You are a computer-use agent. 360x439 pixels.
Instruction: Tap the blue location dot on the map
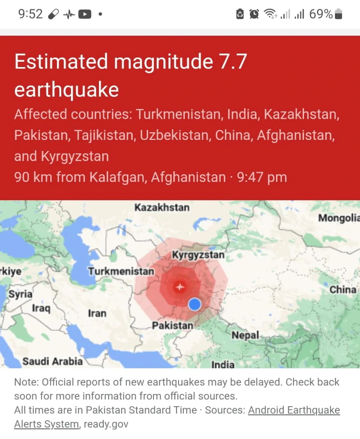coord(194,304)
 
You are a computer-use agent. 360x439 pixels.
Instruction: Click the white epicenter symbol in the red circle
coord(180,287)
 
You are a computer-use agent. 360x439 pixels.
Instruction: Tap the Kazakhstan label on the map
coord(162,207)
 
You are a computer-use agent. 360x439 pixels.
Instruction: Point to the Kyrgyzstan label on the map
coord(198,255)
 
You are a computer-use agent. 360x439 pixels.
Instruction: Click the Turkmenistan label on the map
coord(121,271)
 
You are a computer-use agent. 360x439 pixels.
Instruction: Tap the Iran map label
coord(97,313)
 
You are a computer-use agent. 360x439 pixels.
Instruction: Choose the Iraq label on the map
coord(41,308)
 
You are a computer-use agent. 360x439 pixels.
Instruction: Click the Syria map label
coord(21,294)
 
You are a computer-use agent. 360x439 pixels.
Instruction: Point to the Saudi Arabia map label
coord(53,361)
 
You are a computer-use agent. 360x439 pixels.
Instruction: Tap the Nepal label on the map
coord(245,335)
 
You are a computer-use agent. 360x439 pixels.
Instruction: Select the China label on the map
coord(343,289)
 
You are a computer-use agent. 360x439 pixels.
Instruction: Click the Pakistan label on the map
coord(173,326)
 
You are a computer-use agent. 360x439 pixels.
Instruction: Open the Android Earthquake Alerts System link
coord(294,411)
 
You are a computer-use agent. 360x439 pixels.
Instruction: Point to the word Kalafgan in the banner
coord(117,177)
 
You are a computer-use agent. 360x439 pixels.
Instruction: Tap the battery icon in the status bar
coord(338,14)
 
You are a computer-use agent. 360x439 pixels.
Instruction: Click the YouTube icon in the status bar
coord(85,14)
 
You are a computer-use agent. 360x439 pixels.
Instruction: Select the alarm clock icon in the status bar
coord(254,14)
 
